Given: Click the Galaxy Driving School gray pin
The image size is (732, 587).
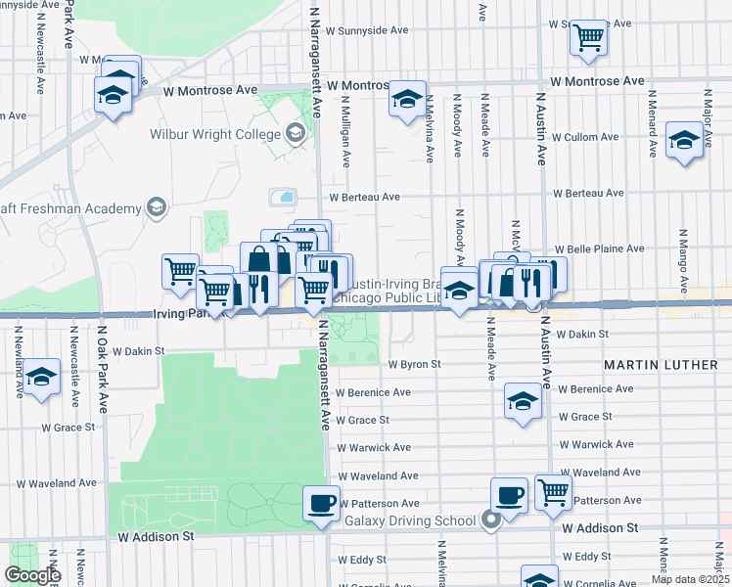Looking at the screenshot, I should (x=491, y=520).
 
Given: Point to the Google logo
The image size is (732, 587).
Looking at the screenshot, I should (x=32, y=575).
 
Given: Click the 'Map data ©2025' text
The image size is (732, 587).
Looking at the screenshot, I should (x=689, y=579).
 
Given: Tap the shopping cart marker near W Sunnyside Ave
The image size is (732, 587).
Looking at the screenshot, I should (x=588, y=37).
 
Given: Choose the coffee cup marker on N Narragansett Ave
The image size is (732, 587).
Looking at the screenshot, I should (x=322, y=504).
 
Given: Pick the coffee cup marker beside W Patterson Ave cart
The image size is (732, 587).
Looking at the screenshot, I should (x=509, y=495).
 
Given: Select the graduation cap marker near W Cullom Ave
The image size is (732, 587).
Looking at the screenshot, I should (x=684, y=140).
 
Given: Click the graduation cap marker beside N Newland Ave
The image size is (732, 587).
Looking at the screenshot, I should (x=42, y=377).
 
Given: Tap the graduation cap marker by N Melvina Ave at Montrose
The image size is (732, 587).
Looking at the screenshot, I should (x=407, y=99).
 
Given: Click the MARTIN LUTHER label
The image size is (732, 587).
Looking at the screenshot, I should (x=661, y=365).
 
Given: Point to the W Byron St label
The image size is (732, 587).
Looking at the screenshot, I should (x=415, y=364).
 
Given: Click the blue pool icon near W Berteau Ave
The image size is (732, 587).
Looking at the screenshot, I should (x=285, y=197).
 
